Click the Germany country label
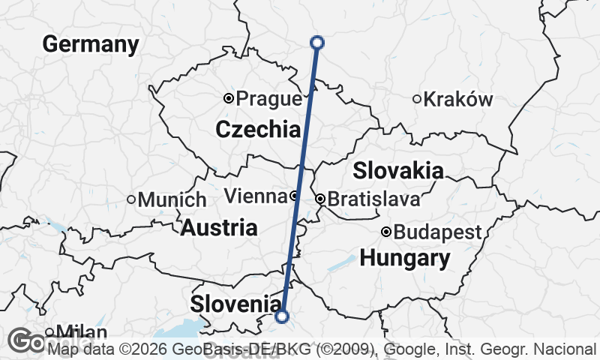point(91,44)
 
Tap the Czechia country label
point(258,130)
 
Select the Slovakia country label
point(397,170)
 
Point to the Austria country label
point(219,227)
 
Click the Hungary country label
point(405,259)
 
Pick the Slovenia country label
point(235,304)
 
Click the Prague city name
point(269,98)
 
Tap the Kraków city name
point(459,99)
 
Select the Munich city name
point(172,200)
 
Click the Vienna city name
point(256,196)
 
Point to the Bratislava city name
point(373,200)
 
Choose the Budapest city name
point(437,232)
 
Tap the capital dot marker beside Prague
point(229,98)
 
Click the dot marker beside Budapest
point(386,232)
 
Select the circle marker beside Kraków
point(417,99)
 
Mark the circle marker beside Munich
point(131,199)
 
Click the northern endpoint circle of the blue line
point(316,43)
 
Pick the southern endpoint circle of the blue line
point(282,316)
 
